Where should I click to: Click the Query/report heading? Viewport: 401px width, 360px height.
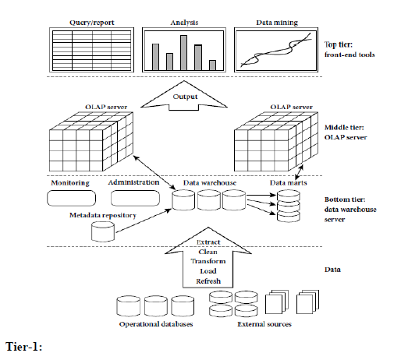pos(81,23)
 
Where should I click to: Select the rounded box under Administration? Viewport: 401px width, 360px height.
pos(133,199)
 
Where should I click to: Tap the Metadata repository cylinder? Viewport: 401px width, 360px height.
pos(102,231)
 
